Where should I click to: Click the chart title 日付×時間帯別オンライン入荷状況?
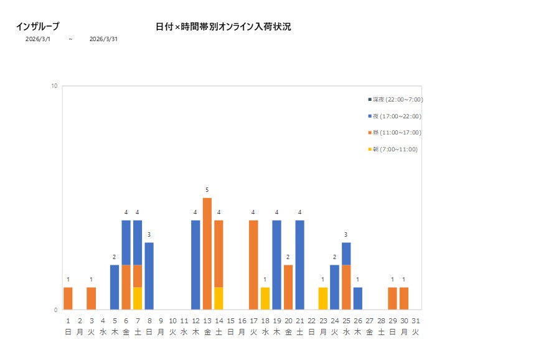click(x=223, y=27)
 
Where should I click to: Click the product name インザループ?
click(x=37, y=27)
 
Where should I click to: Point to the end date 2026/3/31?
click(x=103, y=39)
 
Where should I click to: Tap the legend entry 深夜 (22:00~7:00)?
click(x=395, y=100)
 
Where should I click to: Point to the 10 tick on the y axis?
click(x=54, y=86)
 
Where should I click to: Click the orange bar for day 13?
click(x=207, y=253)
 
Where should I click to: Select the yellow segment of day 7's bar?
click(x=138, y=298)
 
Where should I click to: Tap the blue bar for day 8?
click(x=149, y=276)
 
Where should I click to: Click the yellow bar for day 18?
click(x=265, y=298)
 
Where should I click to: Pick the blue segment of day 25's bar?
click(x=346, y=253)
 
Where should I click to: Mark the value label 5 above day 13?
click(x=207, y=190)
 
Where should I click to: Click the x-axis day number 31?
click(x=415, y=321)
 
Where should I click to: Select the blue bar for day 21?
click(x=300, y=265)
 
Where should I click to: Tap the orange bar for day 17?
click(x=253, y=265)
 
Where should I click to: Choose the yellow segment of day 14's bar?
click(x=219, y=298)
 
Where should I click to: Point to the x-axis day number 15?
click(x=230, y=321)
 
